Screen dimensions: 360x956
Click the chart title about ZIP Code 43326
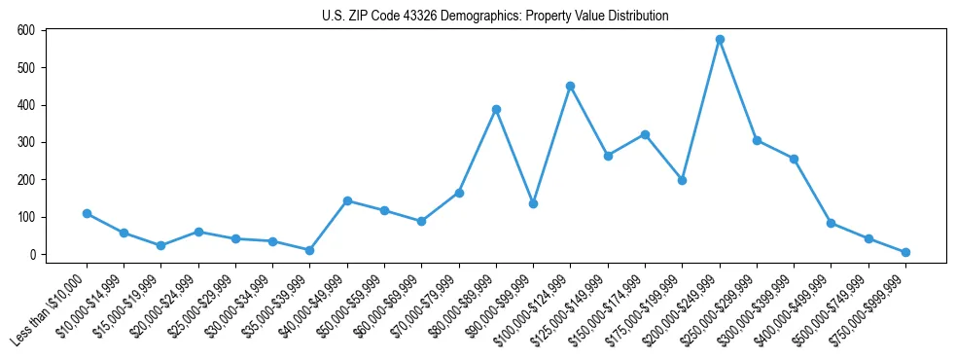[x=495, y=17]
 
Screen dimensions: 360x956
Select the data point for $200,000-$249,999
[x=720, y=40]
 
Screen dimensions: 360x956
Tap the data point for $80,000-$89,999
[x=496, y=109]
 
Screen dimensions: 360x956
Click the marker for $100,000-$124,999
[x=570, y=86]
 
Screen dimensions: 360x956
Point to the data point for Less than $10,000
[x=87, y=213]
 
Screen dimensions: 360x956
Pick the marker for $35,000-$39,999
[x=310, y=250]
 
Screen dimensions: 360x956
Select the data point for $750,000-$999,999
[x=905, y=252]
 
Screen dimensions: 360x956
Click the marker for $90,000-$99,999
[x=533, y=203]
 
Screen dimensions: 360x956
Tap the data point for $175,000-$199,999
[x=682, y=180]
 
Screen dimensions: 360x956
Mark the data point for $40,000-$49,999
[x=347, y=200]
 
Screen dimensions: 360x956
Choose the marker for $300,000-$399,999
[x=794, y=159]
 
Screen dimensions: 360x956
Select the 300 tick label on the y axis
[x=25, y=142]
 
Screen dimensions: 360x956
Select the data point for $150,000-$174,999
[x=645, y=134]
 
